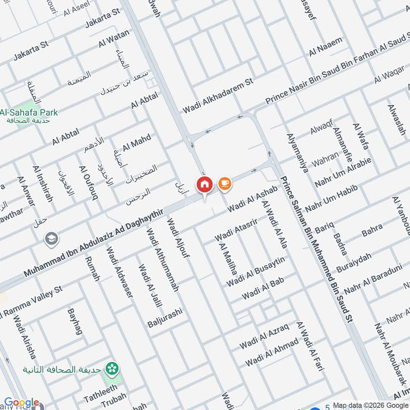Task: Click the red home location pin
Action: point(204,184)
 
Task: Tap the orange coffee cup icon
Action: point(224,183)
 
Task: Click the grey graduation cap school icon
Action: point(51,238)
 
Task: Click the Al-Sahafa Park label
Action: point(29,112)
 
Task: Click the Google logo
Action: point(22,403)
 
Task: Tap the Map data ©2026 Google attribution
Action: point(371,405)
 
